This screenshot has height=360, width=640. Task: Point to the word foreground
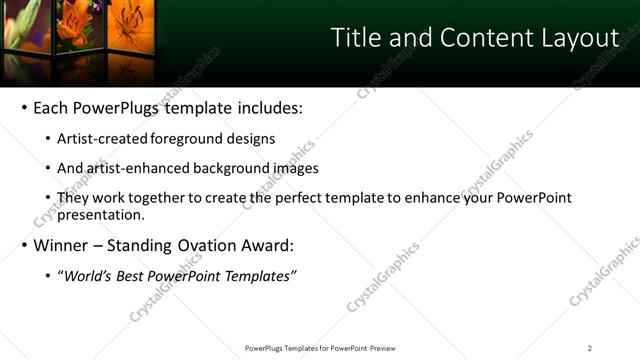tap(187, 139)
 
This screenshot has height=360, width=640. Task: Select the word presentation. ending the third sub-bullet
tap(101, 214)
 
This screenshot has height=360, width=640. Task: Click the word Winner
tap(62, 245)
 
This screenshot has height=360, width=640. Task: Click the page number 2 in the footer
tap(589, 348)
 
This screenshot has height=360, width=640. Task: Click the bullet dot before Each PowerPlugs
tap(24, 108)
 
